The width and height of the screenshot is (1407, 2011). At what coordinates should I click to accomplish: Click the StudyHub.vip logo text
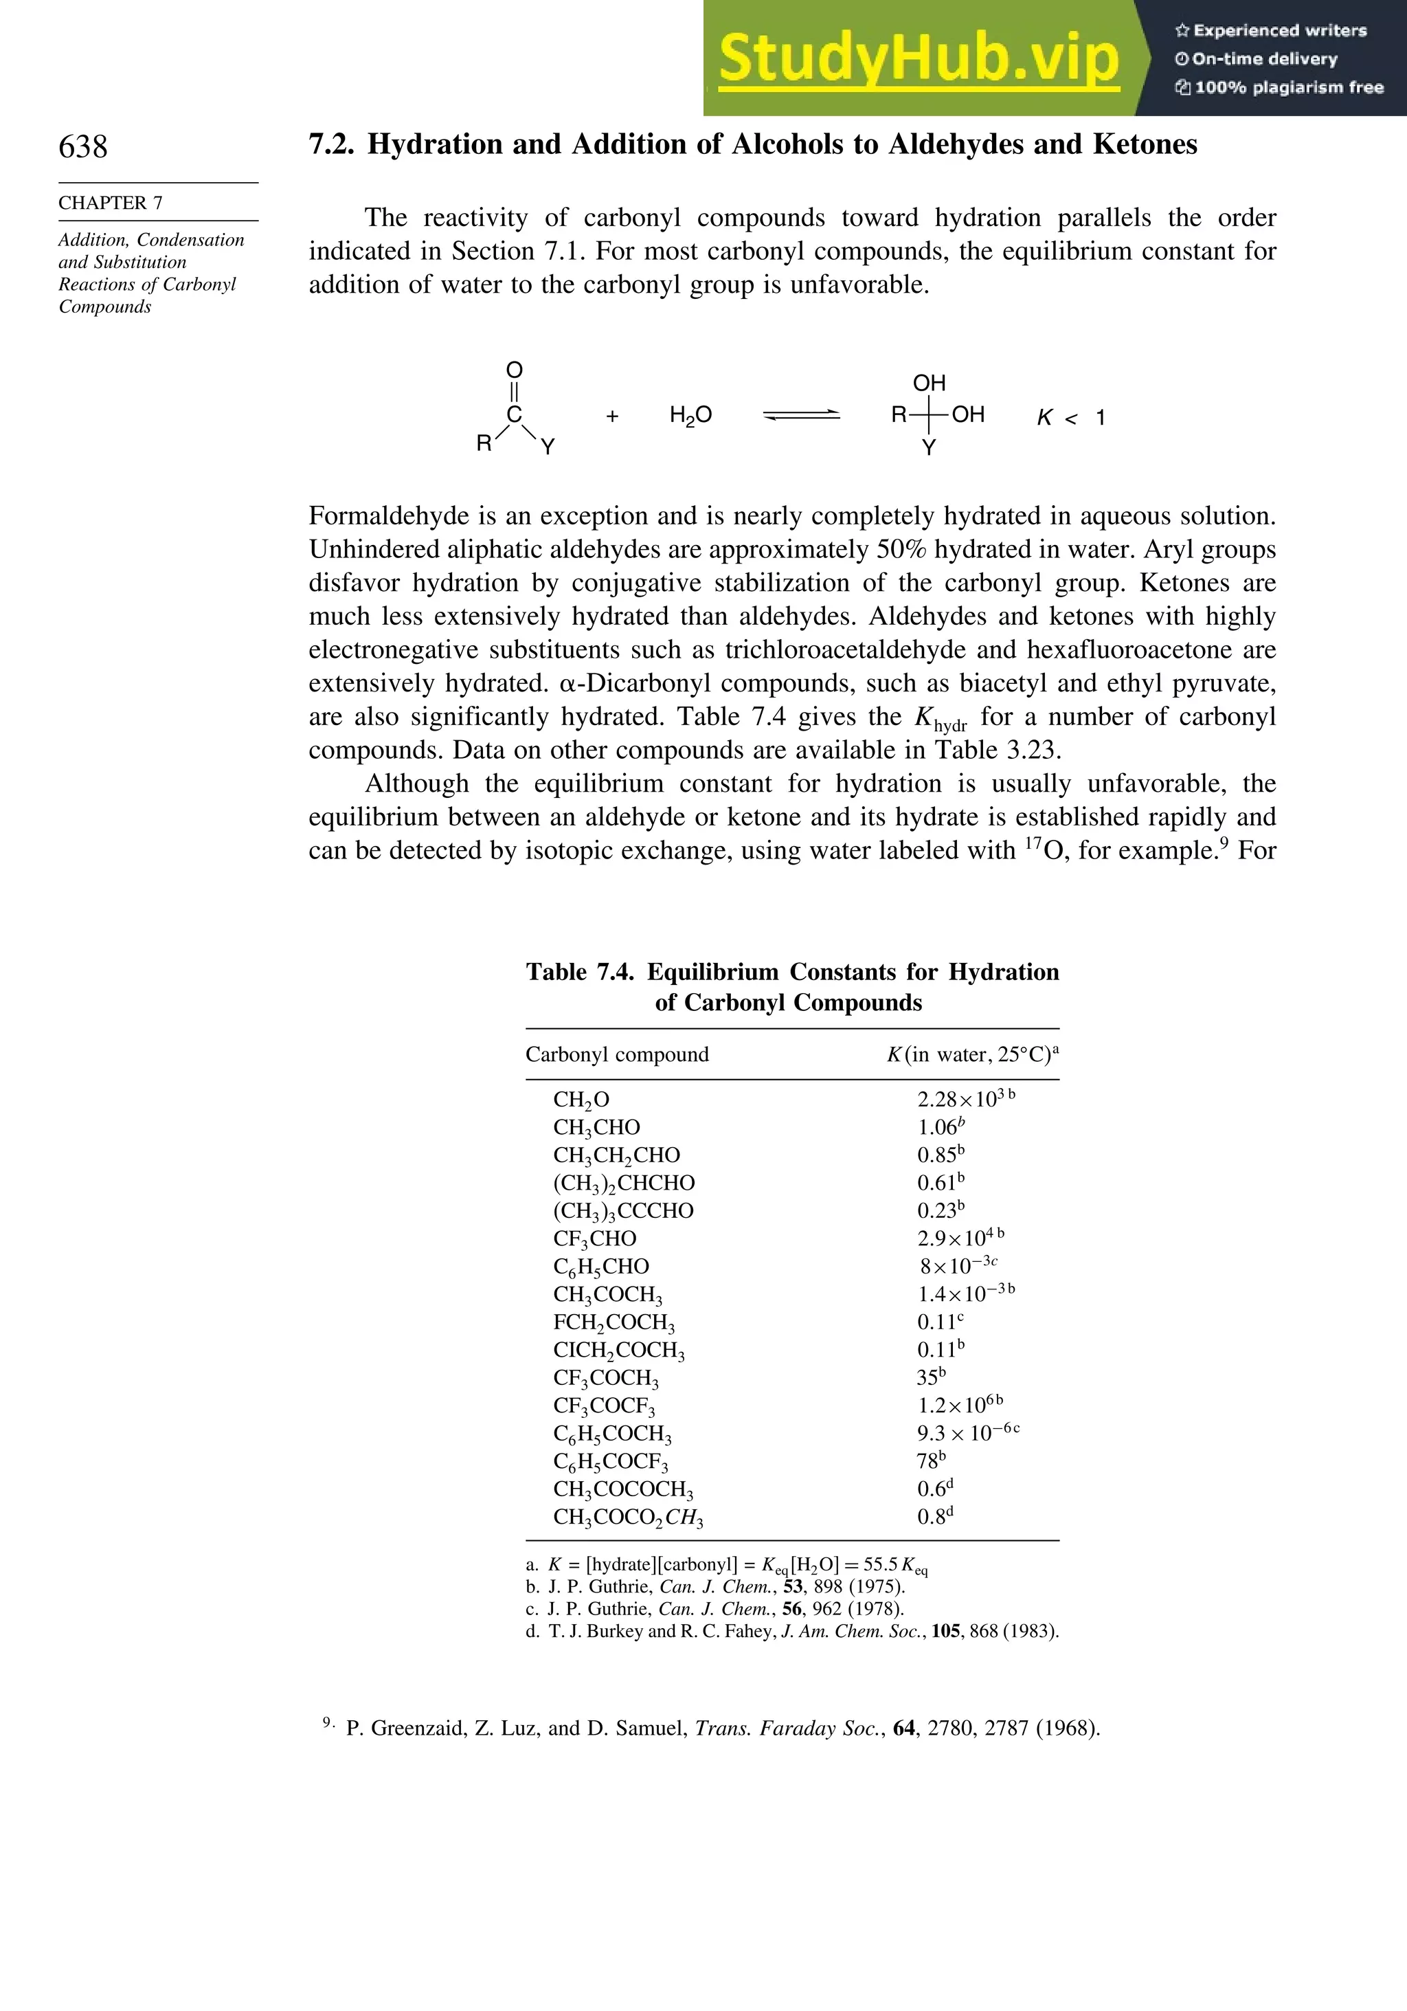click(x=919, y=58)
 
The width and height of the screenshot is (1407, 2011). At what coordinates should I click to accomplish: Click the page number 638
click(x=83, y=146)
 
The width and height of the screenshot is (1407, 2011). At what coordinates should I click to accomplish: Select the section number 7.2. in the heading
click(x=332, y=144)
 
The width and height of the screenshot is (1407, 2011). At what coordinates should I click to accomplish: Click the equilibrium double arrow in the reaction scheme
click(x=801, y=416)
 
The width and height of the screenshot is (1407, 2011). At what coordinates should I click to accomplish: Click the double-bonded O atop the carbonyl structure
click(x=515, y=370)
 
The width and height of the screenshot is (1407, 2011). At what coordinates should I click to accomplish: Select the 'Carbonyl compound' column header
click(x=617, y=1054)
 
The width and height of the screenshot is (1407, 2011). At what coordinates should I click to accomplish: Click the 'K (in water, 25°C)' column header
click(x=972, y=1054)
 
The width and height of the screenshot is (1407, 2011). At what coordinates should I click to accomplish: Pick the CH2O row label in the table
click(x=581, y=1100)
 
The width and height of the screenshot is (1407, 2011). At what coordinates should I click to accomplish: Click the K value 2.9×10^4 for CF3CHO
click(x=960, y=1238)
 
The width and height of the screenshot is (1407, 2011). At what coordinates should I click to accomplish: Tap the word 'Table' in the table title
click(x=556, y=973)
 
